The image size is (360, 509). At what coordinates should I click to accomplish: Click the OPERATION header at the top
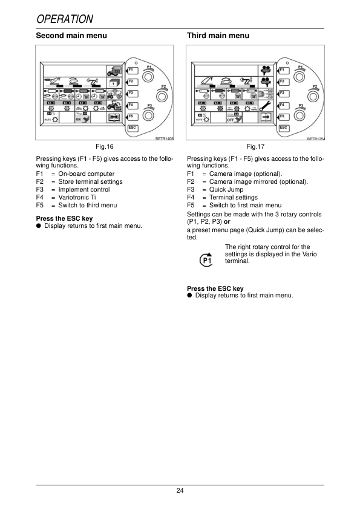[65, 19]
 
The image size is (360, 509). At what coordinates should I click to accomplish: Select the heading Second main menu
[71, 36]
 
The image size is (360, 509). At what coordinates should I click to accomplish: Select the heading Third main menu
[218, 36]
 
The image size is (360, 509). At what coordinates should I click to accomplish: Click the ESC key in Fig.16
[132, 128]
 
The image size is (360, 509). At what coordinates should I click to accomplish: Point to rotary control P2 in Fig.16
[161, 96]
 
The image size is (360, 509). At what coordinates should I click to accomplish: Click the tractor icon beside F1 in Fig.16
[114, 70]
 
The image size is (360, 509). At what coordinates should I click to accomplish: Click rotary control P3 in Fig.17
[299, 114]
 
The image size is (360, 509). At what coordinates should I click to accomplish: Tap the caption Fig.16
[105, 147]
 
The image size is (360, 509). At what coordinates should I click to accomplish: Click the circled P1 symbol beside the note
[207, 260]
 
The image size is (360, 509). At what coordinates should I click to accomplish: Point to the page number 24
[180, 490]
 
